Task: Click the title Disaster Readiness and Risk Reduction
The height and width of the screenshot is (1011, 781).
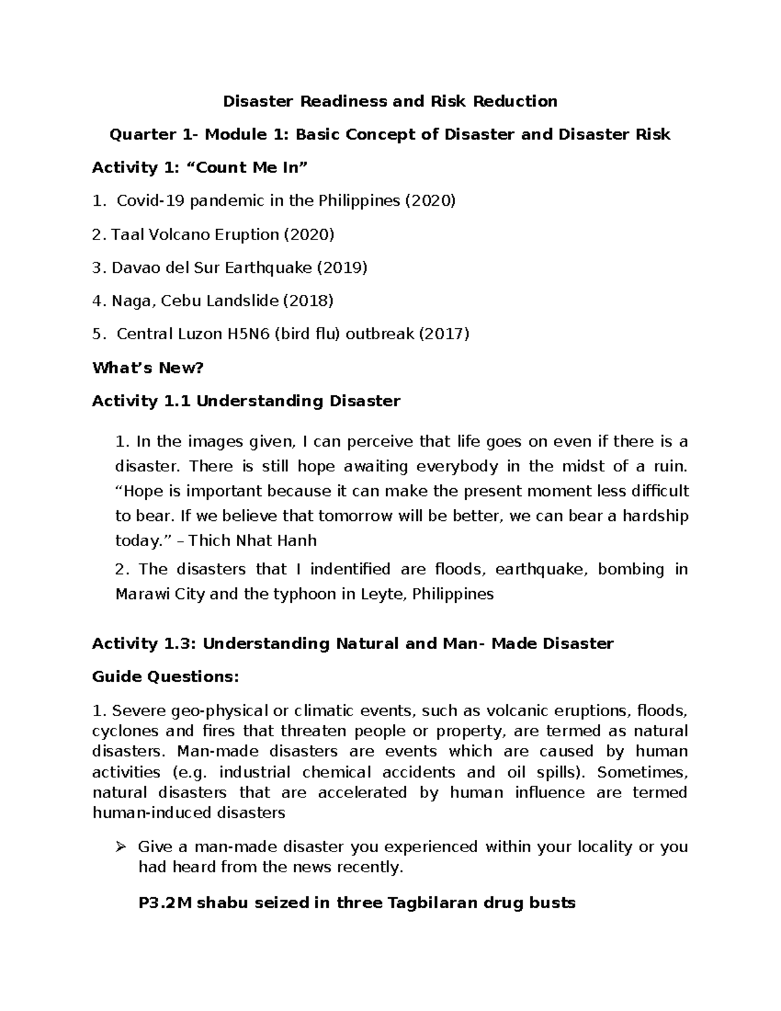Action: pos(390,102)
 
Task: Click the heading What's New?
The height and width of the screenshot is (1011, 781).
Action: pos(148,368)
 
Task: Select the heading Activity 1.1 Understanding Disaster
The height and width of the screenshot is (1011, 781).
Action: pos(246,401)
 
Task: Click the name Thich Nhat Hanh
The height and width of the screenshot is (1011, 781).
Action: pos(253,541)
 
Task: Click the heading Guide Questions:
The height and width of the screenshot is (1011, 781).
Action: pos(165,677)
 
